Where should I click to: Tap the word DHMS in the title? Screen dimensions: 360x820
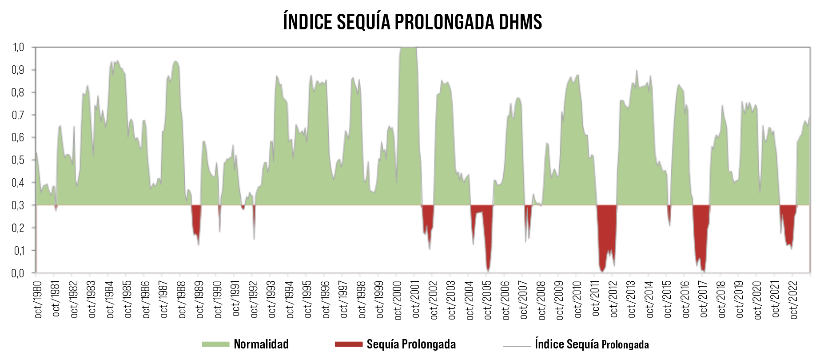pyautogui.click(x=520, y=22)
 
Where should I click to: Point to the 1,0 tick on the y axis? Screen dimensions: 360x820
pyautogui.click(x=18, y=47)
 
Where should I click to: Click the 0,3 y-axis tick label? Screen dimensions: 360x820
pyautogui.click(x=18, y=205)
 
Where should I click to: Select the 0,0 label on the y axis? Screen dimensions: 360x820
pyautogui.click(x=18, y=273)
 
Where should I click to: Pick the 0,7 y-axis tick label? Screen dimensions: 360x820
pyautogui.click(x=18, y=115)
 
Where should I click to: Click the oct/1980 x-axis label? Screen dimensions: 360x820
pyautogui.click(x=38, y=299)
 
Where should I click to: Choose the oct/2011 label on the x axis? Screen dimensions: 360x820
pyautogui.click(x=596, y=299)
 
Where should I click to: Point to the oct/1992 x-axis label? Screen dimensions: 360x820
pyautogui.click(x=254, y=299)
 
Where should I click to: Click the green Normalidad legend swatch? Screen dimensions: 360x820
pyautogui.click(x=215, y=344)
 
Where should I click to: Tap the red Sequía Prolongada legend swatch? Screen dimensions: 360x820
pyautogui.click(x=349, y=344)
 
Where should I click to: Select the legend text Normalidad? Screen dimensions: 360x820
pyautogui.click(x=261, y=344)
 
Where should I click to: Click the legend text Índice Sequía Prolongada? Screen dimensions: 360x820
pyautogui.click(x=592, y=344)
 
